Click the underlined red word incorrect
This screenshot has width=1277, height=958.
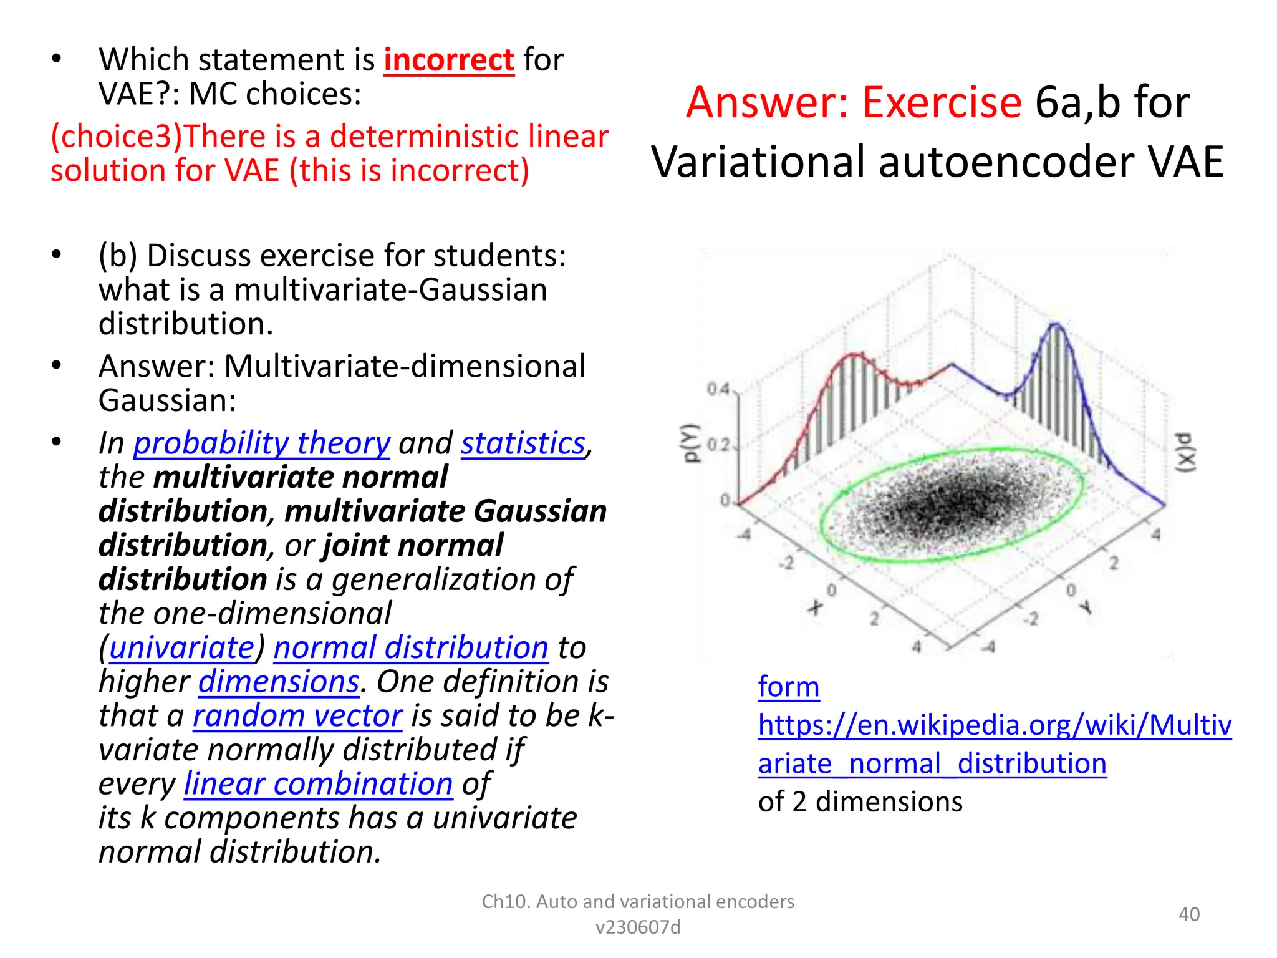(449, 60)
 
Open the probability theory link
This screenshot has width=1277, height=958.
(262, 443)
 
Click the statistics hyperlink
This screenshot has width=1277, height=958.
(523, 443)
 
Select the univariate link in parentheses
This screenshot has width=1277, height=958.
(182, 647)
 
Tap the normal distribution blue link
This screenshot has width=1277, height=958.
(410, 647)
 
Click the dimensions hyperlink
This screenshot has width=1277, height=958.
(279, 682)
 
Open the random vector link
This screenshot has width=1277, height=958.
(297, 716)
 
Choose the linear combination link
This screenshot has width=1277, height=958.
(318, 784)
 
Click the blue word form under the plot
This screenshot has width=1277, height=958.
(788, 687)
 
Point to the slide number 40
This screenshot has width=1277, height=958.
(1188, 914)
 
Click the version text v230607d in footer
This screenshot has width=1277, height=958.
(638, 927)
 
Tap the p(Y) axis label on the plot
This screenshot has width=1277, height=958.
(690, 443)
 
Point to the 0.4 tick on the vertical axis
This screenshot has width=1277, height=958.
(718, 390)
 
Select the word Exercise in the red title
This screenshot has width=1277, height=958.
(942, 103)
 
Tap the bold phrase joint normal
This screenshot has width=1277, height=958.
(413, 546)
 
